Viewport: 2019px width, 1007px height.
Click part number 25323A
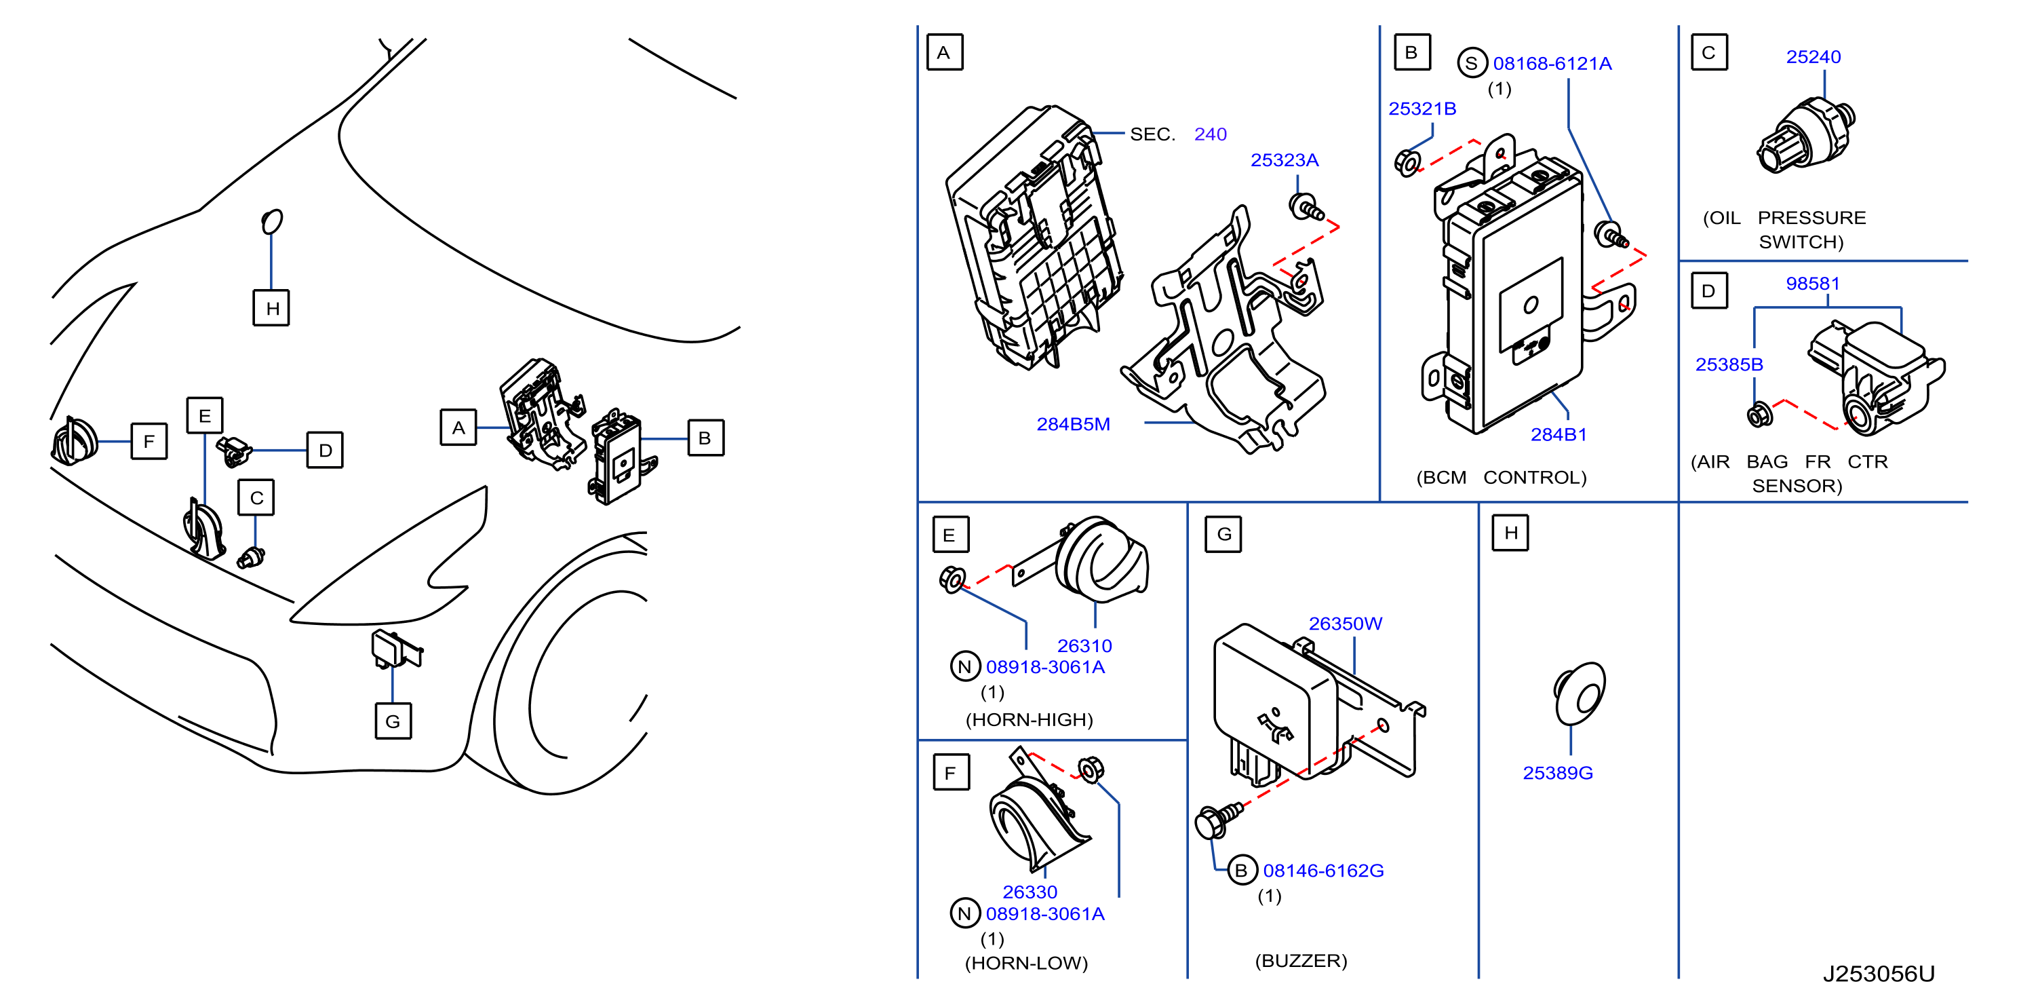click(1284, 160)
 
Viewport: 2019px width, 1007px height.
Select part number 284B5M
click(1073, 424)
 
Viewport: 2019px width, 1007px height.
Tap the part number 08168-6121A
click(1552, 64)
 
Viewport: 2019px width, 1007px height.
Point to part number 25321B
click(1422, 109)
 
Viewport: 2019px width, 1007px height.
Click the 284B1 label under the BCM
click(1558, 434)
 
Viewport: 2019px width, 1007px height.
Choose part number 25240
click(1813, 57)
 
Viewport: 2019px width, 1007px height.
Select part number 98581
click(1812, 284)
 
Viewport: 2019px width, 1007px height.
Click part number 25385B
click(1729, 364)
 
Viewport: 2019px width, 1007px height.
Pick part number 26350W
click(1345, 624)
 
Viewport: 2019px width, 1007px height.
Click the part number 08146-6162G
click(1323, 871)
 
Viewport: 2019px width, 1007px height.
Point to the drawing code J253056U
click(1878, 974)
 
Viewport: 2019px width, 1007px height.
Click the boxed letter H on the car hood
click(271, 307)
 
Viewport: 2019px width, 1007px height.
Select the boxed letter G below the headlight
click(393, 721)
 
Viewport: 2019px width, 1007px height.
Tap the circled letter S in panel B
click(1472, 64)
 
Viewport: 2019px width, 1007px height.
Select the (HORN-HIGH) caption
click(1028, 720)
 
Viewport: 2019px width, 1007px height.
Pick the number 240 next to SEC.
click(1210, 135)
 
